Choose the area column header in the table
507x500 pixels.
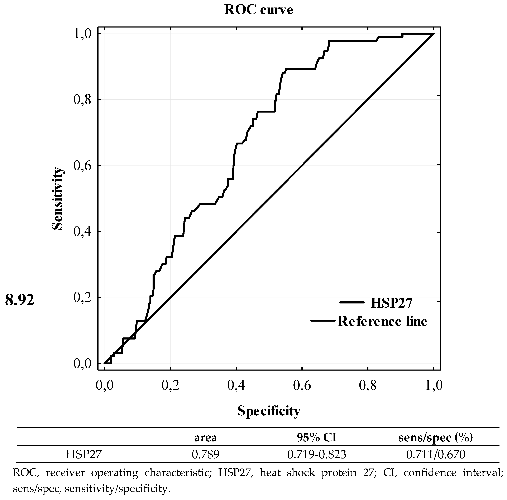coord(205,438)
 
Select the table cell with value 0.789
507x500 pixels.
coord(205,454)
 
